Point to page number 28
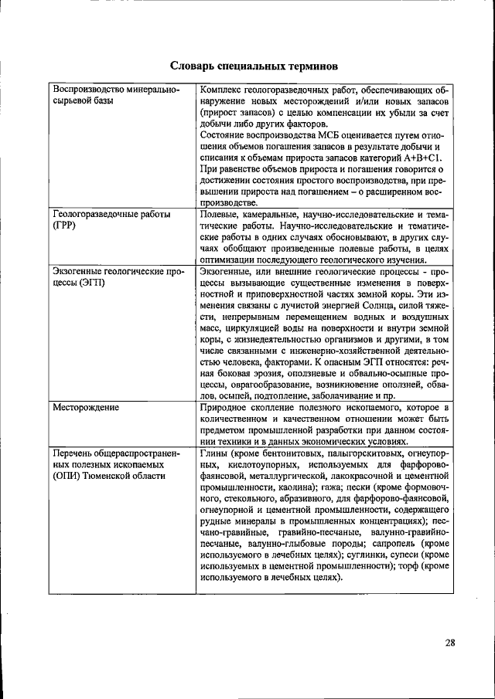[x=451, y=642]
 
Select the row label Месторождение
[x=85, y=406]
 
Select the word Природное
[x=225, y=406]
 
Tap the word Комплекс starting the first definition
[x=224, y=90]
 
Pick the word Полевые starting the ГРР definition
[x=221, y=214]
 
